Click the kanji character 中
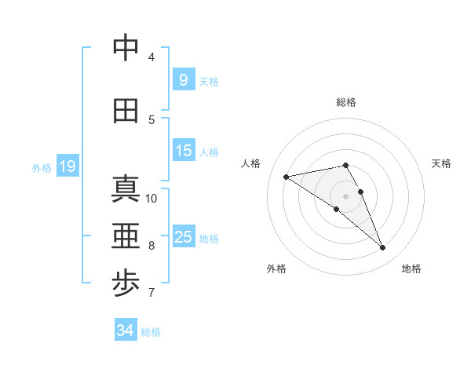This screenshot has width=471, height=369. coord(126,48)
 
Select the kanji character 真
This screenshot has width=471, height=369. coord(126,188)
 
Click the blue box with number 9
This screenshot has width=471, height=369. coord(183,79)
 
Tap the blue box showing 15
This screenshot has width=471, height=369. coord(183,150)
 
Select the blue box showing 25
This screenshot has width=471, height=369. coord(183,236)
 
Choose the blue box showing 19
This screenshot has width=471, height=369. coord(67,166)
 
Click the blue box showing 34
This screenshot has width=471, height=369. coord(125,331)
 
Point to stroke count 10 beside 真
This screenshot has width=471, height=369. coord(152,198)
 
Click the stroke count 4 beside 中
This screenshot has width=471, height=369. coord(152,57)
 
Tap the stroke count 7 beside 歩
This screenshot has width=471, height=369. coord(152,293)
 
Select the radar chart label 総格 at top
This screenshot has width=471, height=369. coord(345,102)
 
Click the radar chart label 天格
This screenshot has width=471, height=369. coord(442,163)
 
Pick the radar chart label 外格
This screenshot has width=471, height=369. coord(276,269)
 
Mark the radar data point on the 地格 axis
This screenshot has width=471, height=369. coord(383,248)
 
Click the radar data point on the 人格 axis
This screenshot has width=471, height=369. coord(286,177)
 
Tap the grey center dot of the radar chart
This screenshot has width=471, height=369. coord(345,196)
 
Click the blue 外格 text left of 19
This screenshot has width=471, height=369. coord(41,167)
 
